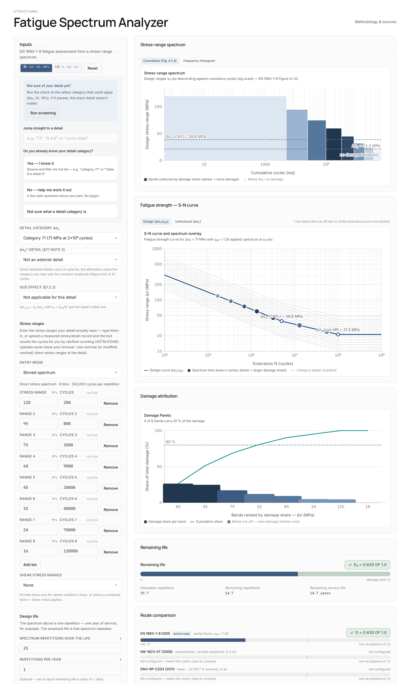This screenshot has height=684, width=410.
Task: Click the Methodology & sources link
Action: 375,22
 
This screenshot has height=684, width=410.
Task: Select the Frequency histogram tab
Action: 199,61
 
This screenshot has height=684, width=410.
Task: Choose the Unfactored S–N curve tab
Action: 188,221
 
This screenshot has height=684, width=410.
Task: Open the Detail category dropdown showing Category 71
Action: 70,238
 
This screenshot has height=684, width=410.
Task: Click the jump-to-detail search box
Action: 70,138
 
